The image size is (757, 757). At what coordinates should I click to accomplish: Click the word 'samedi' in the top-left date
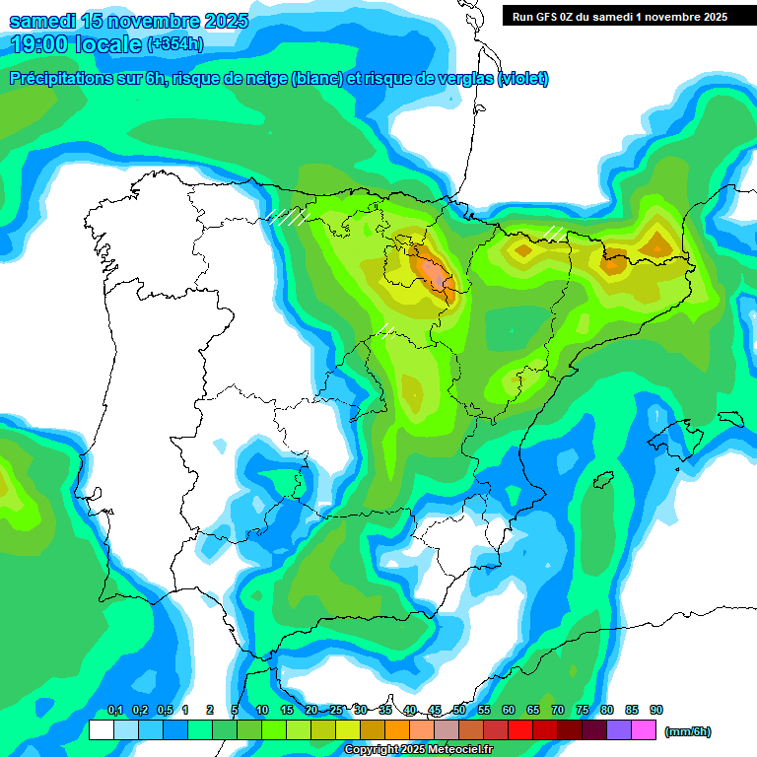point(40,21)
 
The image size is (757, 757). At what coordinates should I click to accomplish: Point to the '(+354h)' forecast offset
point(174,43)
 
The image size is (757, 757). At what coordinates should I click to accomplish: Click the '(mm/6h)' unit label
point(687,731)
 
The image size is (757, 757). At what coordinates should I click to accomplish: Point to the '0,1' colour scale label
point(114,711)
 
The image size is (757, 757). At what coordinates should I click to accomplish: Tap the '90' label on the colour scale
point(656,711)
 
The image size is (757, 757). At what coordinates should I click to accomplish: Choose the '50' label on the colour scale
point(459,711)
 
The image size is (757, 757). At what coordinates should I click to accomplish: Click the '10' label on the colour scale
point(262,711)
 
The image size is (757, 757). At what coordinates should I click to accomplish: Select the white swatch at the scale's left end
point(101,730)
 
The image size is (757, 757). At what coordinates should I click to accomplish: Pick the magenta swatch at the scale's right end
point(644,730)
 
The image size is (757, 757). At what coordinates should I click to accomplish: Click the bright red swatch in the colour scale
point(520,730)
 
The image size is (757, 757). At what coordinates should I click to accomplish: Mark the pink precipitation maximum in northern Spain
point(431,267)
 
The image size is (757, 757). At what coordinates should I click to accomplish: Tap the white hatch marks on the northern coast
point(289,216)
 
